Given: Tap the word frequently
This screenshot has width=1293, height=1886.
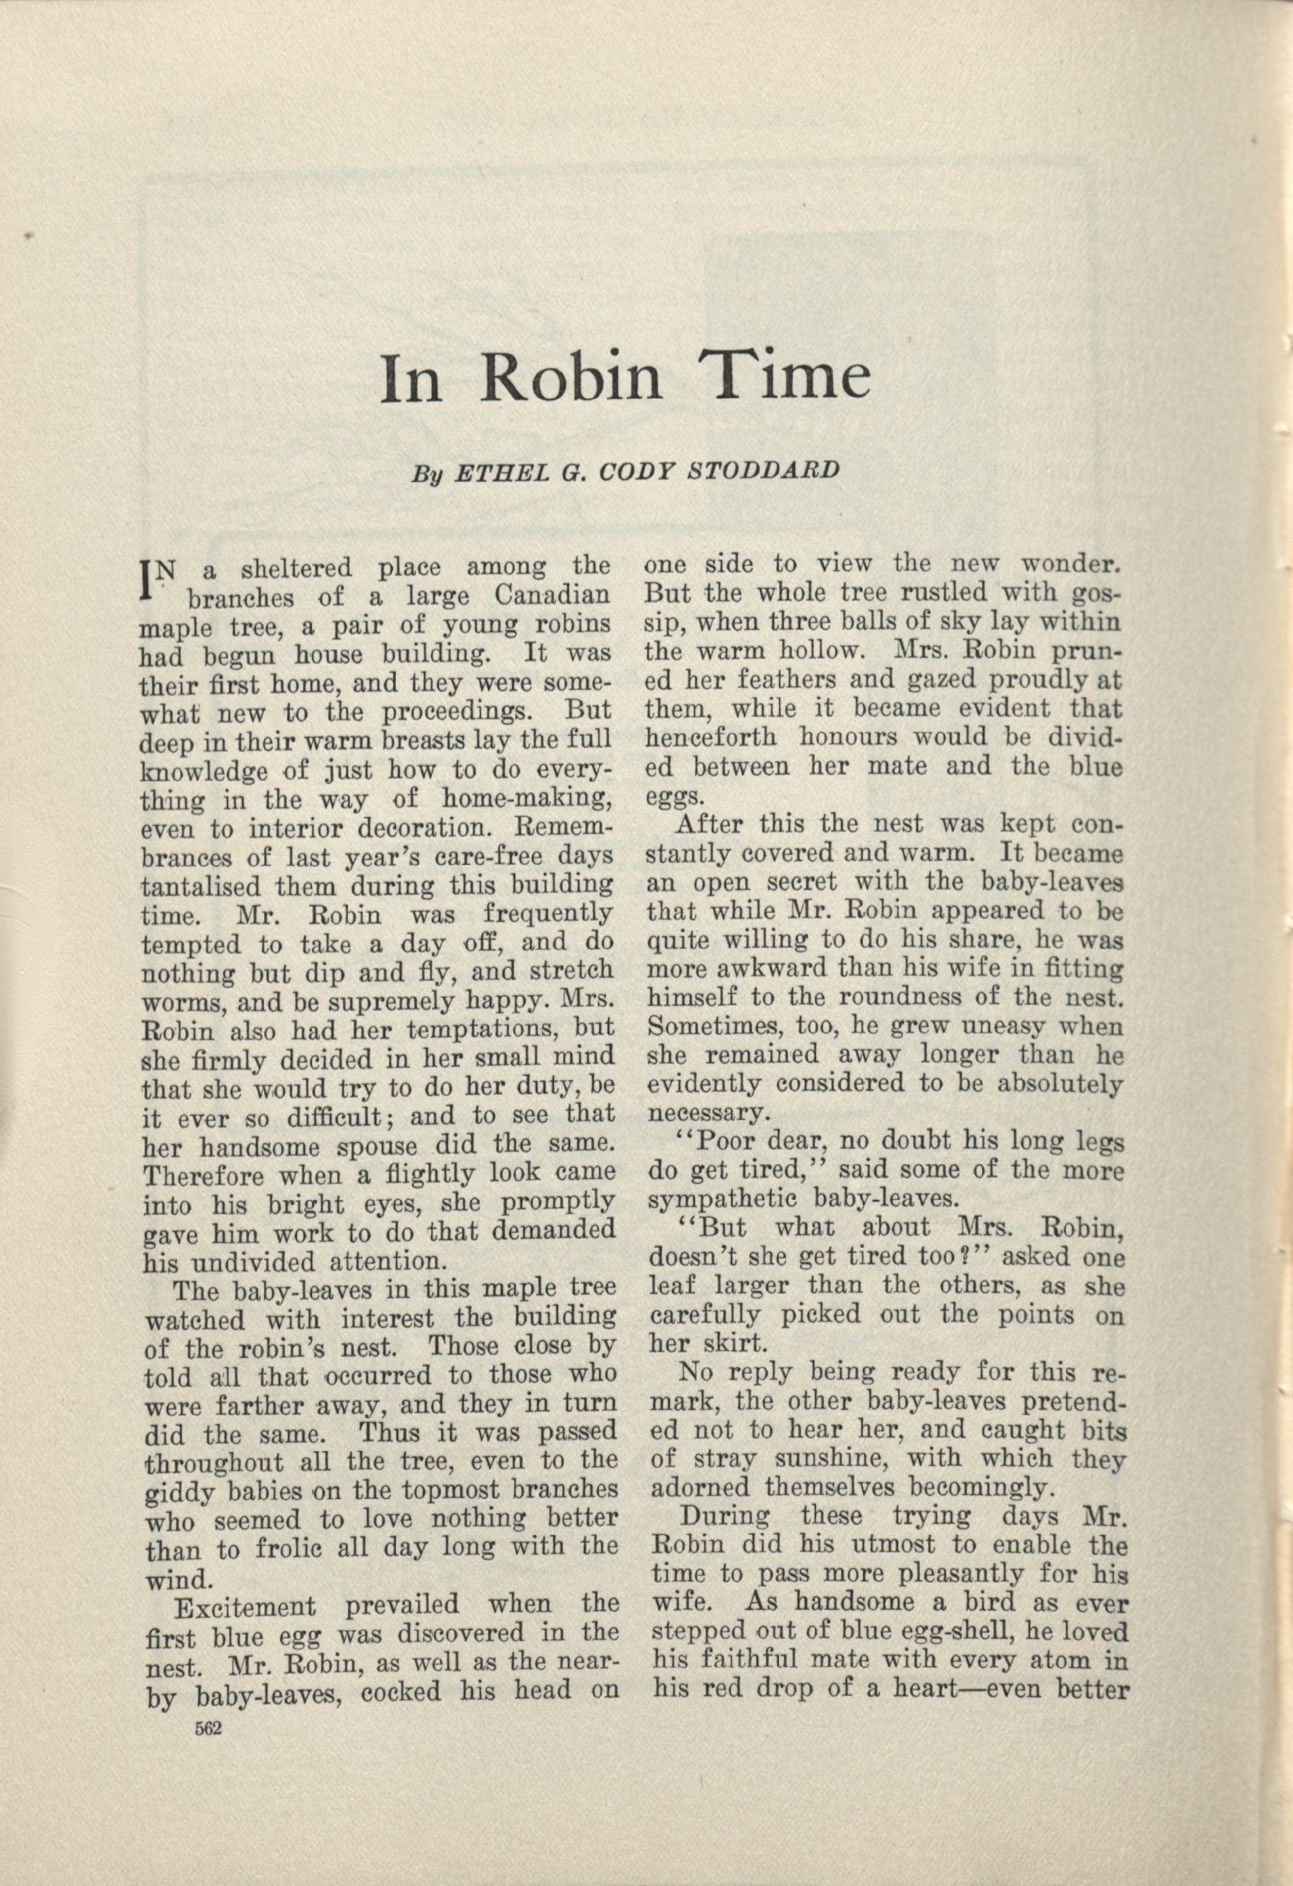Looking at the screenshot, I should (547, 914).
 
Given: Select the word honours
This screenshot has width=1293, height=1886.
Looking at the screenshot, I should (850, 739).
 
